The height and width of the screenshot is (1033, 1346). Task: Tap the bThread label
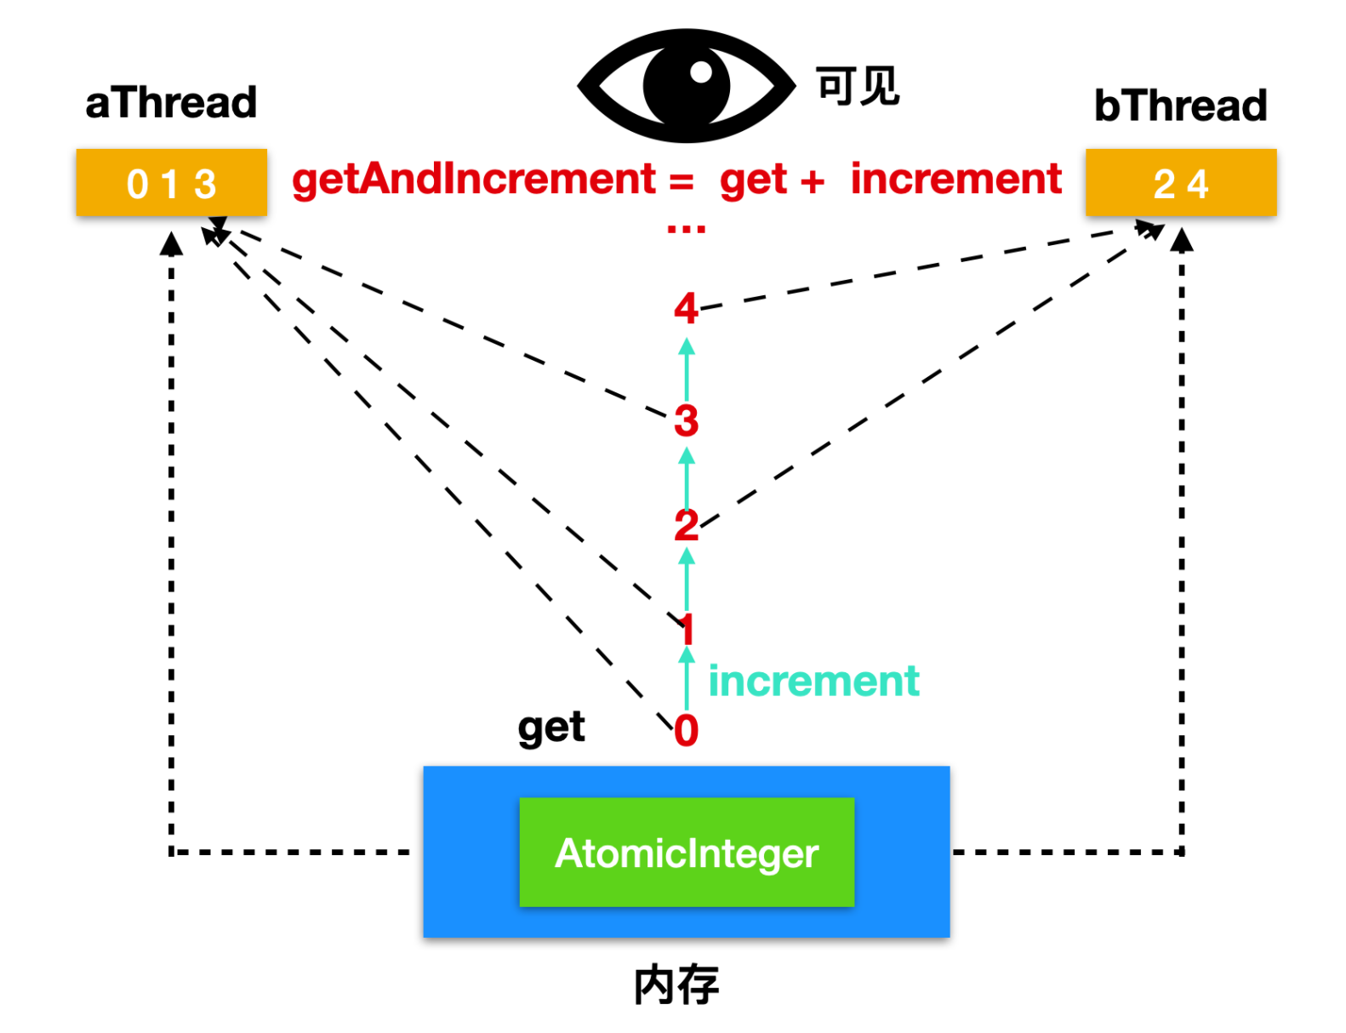point(1180,106)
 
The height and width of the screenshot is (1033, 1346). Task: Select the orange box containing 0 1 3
point(172,182)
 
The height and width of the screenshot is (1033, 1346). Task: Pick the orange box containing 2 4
point(1180,182)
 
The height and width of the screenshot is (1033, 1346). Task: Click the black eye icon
point(686,85)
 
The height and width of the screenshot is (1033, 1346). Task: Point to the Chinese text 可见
point(858,86)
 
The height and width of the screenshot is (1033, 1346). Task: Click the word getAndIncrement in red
point(473,180)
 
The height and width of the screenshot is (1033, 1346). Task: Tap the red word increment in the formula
point(955,179)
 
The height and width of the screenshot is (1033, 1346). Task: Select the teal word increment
point(813,681)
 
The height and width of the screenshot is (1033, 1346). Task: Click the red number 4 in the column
point(686,308)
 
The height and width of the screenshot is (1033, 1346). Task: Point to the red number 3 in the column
point(686,420)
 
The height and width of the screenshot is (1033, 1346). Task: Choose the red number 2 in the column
point(686,525)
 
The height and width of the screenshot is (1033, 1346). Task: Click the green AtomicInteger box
point(687,852)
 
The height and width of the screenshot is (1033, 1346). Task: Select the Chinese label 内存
point(676,984)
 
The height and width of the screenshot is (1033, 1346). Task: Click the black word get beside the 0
point(550,728)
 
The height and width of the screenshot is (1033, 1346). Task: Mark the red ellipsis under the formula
point(686,229)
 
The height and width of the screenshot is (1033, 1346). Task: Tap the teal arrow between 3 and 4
point(686,369)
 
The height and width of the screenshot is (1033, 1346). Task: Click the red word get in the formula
point(753,181)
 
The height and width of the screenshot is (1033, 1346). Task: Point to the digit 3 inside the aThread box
point(205,184)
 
